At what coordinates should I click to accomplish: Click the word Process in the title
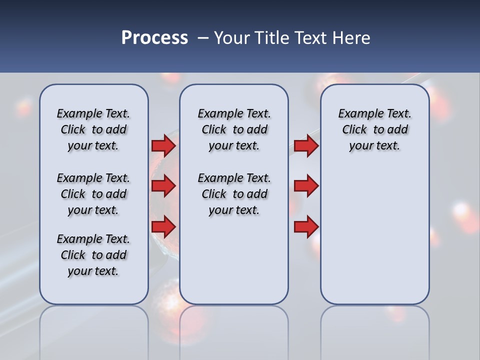coord(154,38)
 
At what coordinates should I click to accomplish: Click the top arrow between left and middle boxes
coord(163,145)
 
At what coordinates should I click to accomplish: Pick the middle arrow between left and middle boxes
coord(163,186)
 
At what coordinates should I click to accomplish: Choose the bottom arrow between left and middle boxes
coord(163,226)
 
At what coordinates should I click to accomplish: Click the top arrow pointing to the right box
coord(306,145)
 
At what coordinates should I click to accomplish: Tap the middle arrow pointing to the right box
coord(306,186)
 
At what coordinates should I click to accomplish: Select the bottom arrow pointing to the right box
coord(306,226)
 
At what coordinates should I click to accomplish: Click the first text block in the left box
coord(93,129)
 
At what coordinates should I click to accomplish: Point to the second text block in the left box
coord(93,194)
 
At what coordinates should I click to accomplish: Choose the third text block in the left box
coord(93,255)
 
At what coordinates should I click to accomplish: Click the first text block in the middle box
coord(234,129)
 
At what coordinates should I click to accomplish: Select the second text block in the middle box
coord(234,194)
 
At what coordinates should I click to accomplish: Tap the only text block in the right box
coord(374,129)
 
